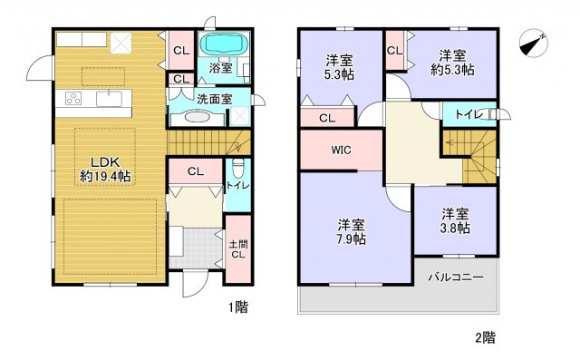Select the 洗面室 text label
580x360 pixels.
214,98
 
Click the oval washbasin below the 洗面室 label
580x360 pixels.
197,116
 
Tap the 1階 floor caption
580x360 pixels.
237,307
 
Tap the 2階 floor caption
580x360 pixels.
484,337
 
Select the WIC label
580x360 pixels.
341,150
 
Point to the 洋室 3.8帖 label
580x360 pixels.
456,221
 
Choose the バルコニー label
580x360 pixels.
456,277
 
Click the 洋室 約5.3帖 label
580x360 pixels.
452,62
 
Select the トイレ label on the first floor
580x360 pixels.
234,187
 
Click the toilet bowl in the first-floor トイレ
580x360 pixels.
237,168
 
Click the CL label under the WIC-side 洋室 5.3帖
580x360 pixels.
326,117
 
